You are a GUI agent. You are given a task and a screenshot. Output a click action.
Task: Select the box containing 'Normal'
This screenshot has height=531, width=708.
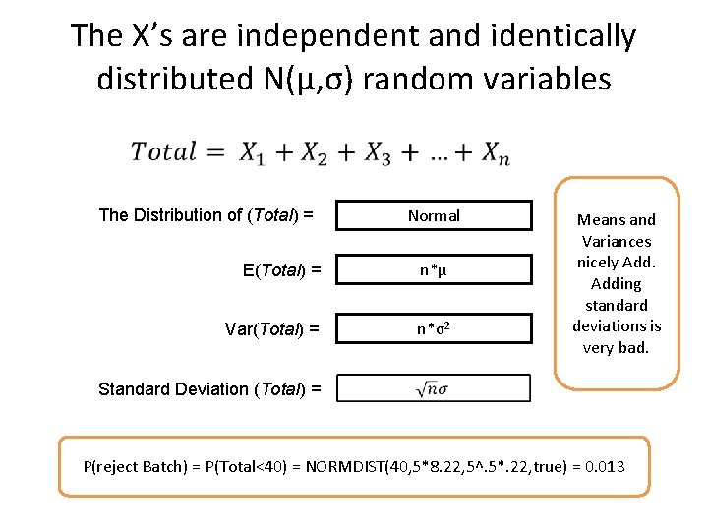click(x=434, y=215)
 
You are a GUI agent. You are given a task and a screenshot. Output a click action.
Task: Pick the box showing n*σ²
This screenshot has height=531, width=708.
click(x=434, y=328)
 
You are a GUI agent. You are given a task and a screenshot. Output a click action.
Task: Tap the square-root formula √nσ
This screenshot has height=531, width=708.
click(x=434, y=389)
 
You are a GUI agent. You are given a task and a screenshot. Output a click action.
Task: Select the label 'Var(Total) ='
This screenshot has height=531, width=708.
click(x=271, y=329)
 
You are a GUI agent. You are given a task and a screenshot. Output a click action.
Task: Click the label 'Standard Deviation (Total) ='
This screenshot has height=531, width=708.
click(x=209, y=389)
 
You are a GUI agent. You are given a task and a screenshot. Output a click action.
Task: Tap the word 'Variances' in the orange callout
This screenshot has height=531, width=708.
click(x=617, y=241)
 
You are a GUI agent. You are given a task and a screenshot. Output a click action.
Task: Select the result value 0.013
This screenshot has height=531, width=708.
click(x=604, y=465)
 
